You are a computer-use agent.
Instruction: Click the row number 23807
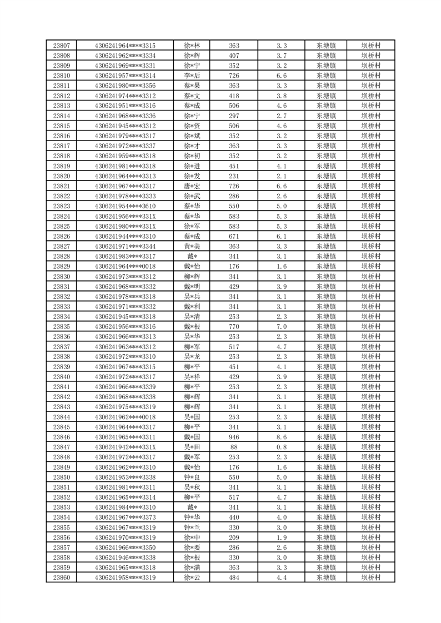61,46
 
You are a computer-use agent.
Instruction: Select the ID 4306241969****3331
125,66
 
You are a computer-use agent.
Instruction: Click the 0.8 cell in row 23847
281,447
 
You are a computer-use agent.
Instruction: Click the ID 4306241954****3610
125,206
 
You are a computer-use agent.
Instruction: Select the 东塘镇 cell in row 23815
325,125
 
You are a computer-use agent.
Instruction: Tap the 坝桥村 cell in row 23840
370,376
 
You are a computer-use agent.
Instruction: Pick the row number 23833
61,307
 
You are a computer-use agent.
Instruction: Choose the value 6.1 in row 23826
281,236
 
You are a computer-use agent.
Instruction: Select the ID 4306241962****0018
125,417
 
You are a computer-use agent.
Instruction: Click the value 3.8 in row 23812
281,96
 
